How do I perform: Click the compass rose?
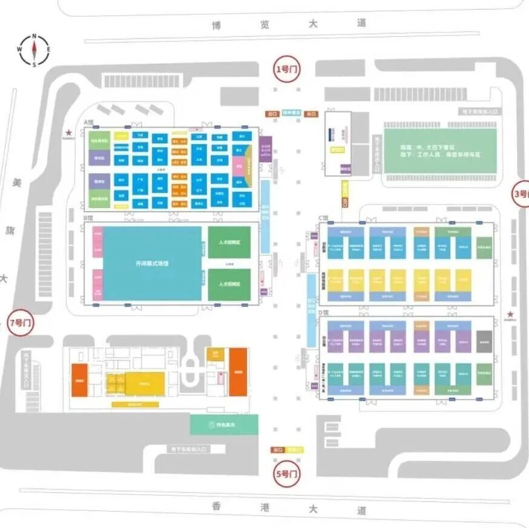tap(34, 50)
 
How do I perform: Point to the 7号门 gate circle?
tap(22, 322)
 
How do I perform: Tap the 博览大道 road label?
tap(289, 24)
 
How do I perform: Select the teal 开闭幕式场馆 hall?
tap(152, 264)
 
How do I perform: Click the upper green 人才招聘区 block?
tap(229, 242)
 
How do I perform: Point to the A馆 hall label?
tap(89, 122)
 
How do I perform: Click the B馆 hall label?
tap(88, 218)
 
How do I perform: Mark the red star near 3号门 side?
tap(511, 314)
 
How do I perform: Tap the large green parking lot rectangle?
tap(440, 151)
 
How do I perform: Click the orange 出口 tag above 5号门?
tap(278, 450)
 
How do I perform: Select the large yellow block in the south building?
tap(143, 382)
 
